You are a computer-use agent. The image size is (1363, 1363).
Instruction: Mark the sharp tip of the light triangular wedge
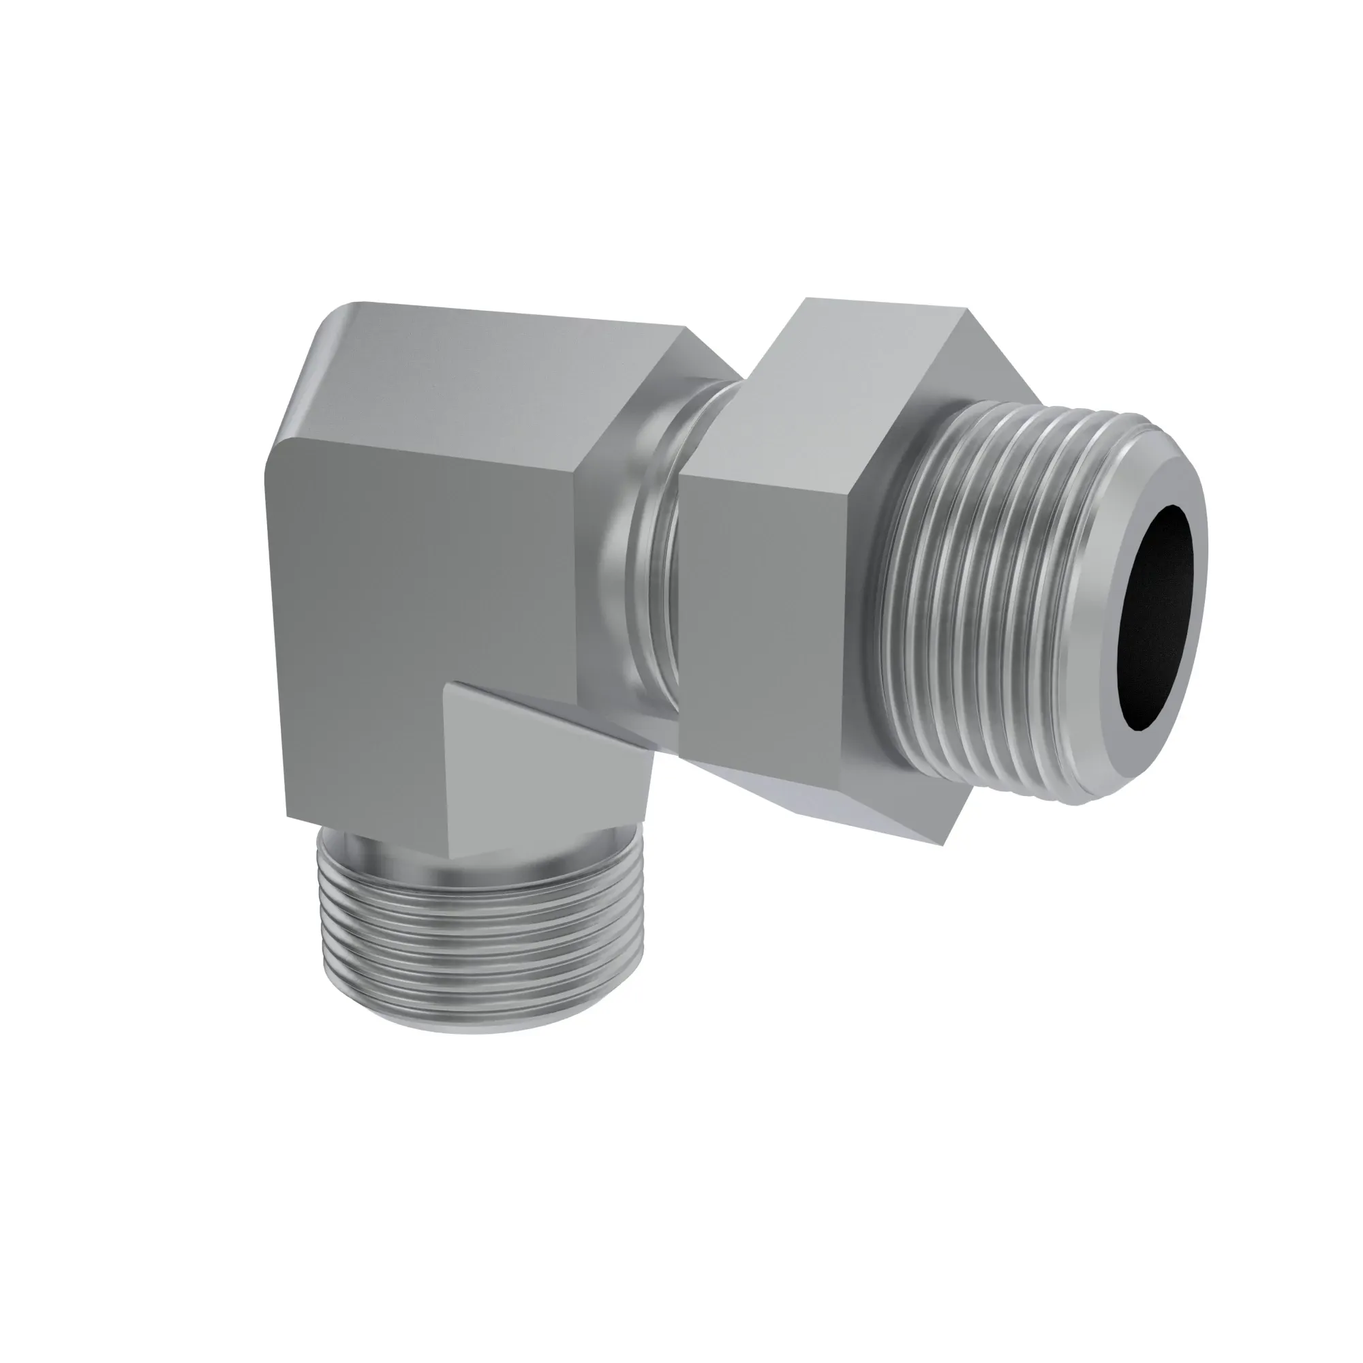455,682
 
